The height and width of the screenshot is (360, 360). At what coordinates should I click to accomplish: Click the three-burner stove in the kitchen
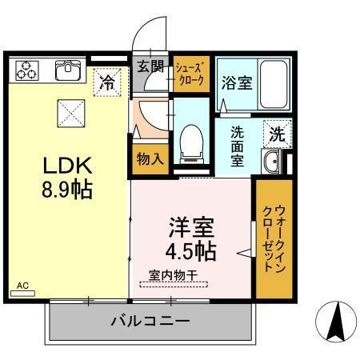(x=26, y=70)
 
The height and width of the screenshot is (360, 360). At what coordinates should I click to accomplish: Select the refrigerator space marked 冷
(x=106, y=81)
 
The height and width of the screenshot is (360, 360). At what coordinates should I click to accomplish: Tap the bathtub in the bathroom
(x=274, y=84)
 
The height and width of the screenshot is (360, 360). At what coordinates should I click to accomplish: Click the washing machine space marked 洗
(x=276, y=134)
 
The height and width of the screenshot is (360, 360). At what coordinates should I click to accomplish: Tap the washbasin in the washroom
(x=271, y=163)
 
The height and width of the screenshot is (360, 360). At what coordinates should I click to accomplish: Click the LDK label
(x=69, y=166)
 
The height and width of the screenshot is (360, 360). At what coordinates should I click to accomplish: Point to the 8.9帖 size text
(x=69, y=190)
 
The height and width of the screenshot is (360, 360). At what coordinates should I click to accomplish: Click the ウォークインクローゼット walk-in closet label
(x=274, y=239)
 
